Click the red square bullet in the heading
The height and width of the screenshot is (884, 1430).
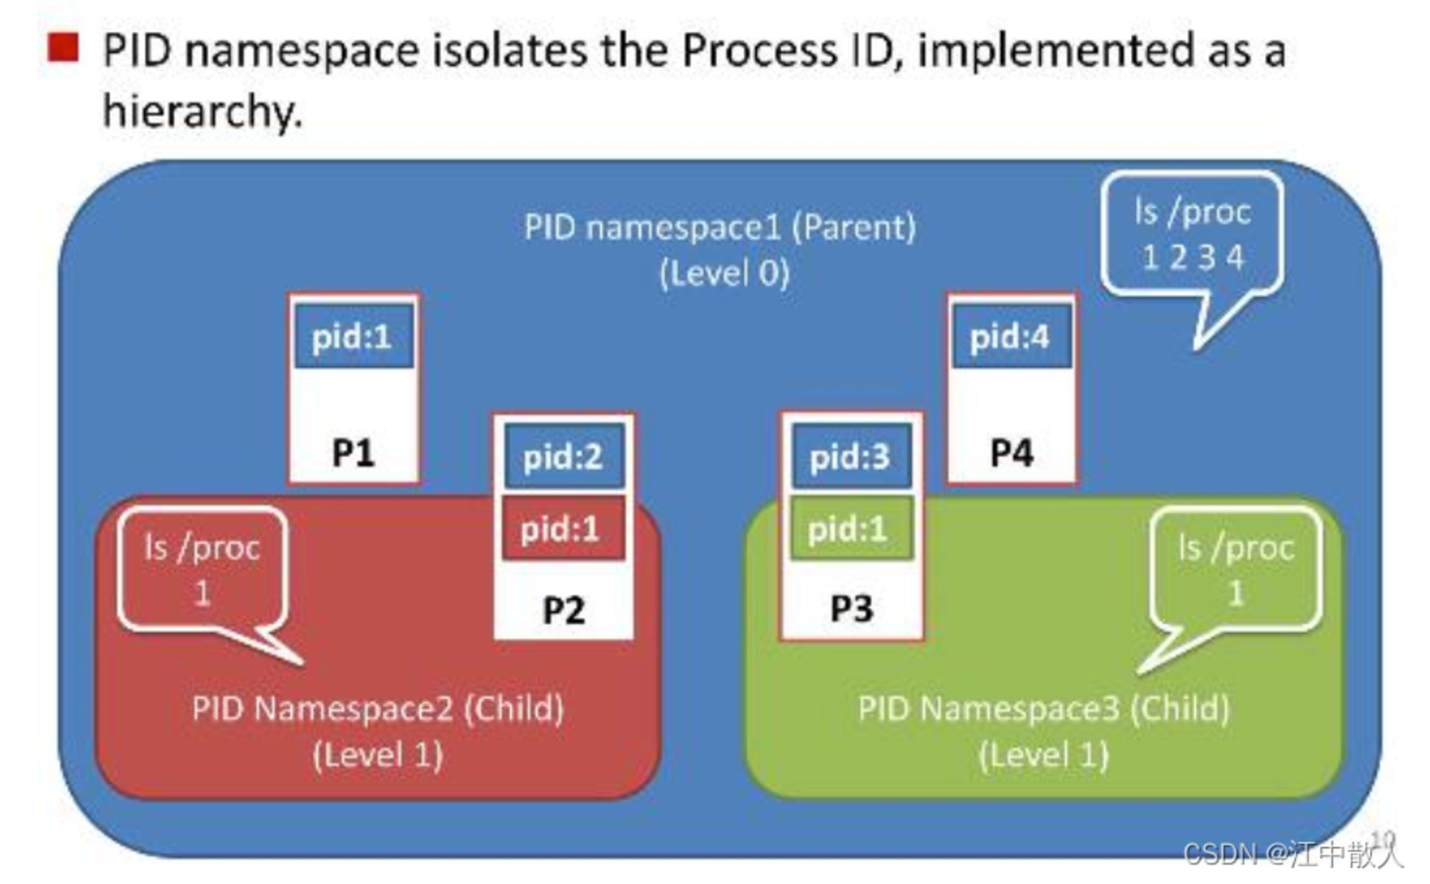coord(63,48)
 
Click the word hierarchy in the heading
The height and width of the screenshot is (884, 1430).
coord(203,112)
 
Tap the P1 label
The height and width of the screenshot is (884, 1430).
coord(354,452)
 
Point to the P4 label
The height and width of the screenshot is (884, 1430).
coord(1012,452)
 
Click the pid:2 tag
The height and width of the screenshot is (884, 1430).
coord(564,456)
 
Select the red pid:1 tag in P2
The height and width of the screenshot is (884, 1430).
coord(563,529)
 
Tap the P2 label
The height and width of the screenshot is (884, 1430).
coord(563,610)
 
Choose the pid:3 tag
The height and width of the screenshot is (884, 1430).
coord(851,456)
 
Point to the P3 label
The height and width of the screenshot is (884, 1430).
coord(852,608)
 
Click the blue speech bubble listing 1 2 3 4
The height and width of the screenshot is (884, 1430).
coord(1192,236)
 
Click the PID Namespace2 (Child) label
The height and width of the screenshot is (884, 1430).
coord(378,709)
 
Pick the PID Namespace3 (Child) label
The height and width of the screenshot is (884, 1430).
coord(1044,709)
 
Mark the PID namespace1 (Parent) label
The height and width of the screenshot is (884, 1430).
coord(720,227)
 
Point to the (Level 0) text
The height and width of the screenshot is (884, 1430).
coord(724,273)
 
